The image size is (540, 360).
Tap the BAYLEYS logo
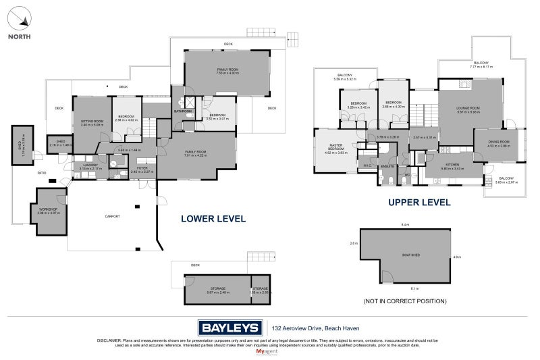230,328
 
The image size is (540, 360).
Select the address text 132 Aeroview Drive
307,328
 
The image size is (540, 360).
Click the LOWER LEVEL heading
213,219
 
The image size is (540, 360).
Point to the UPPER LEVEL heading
418,202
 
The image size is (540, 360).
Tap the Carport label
112,216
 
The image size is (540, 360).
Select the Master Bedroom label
335,148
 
